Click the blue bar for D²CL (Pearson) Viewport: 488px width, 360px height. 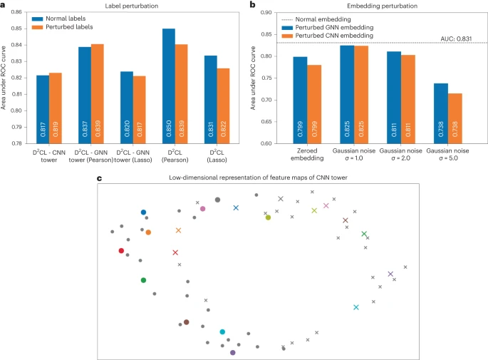click(168, 86)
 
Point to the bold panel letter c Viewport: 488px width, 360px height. click(98, 177)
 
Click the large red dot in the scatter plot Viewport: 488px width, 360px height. click(121, 250)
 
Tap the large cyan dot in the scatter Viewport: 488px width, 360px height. click(222, 331)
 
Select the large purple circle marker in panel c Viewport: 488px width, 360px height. click(233, 352)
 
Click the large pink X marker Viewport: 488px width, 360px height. click(326, 206)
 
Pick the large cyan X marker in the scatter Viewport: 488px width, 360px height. click(356, 307)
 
